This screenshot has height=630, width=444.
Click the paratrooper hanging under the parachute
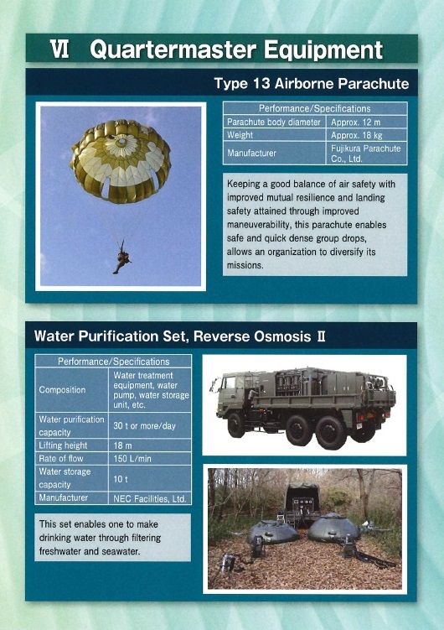(x=121, y=258)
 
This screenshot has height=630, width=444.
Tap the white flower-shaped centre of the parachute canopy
(x=121, y=145)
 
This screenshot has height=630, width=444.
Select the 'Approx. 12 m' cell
(x=367, y=122)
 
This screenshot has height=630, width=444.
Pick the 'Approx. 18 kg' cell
(x=367, y=135)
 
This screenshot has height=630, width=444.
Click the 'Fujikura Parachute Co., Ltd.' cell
(x=367, y=153)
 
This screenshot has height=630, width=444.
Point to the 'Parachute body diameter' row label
(x=274, y=122)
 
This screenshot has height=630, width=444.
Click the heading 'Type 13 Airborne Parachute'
(x=312, y=84)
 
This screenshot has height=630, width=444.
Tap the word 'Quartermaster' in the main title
(x=173, y=49)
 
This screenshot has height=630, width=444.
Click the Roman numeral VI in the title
(x=59, y=49)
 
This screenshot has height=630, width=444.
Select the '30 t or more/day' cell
(x=150, y=426)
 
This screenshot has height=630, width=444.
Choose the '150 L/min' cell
(x=150, y=458)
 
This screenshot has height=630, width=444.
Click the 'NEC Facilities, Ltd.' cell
(x=150, y=498)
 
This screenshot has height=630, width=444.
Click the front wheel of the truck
(x=236, y=425)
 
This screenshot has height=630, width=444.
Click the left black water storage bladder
(x=273, y=531)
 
